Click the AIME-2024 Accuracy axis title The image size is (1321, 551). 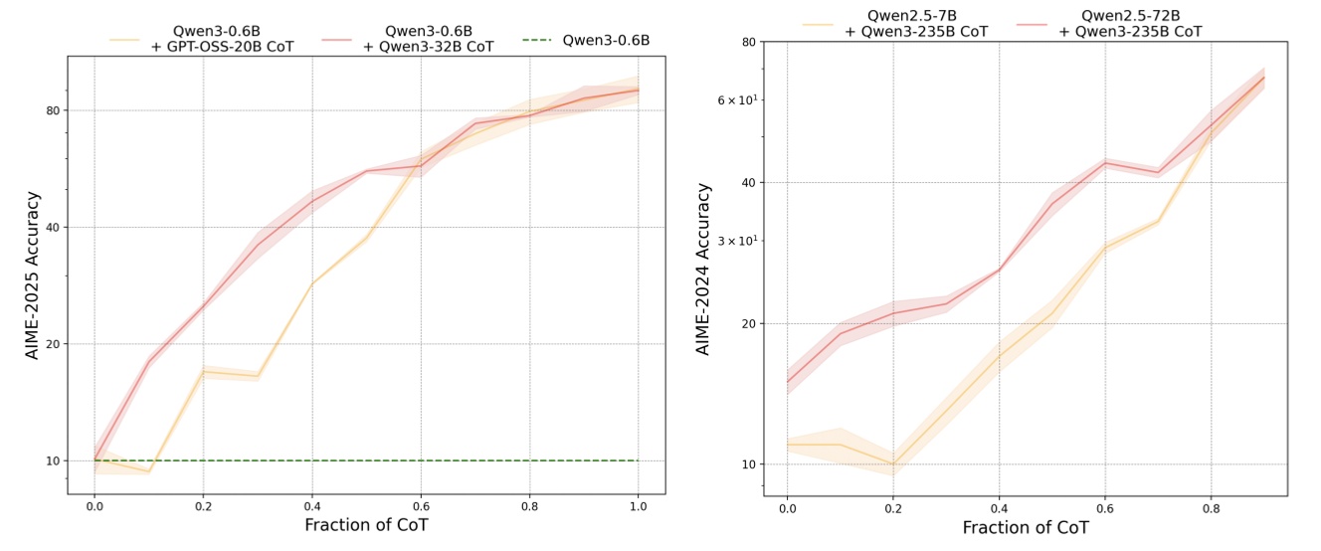click(704, 269)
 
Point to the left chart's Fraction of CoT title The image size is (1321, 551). click(366, 524)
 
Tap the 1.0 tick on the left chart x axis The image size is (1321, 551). click(638, 506)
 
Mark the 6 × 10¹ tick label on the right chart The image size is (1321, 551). click(737, 99)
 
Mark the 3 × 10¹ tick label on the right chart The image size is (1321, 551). click(737, 241)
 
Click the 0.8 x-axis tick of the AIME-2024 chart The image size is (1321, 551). click(1211, 508)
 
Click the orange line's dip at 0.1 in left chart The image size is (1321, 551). click(148, 471)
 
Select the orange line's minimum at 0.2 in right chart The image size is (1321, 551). click(893, 464)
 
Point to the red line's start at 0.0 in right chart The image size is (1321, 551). click(787, 382)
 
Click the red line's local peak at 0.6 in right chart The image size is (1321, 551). click(1105, 163)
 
